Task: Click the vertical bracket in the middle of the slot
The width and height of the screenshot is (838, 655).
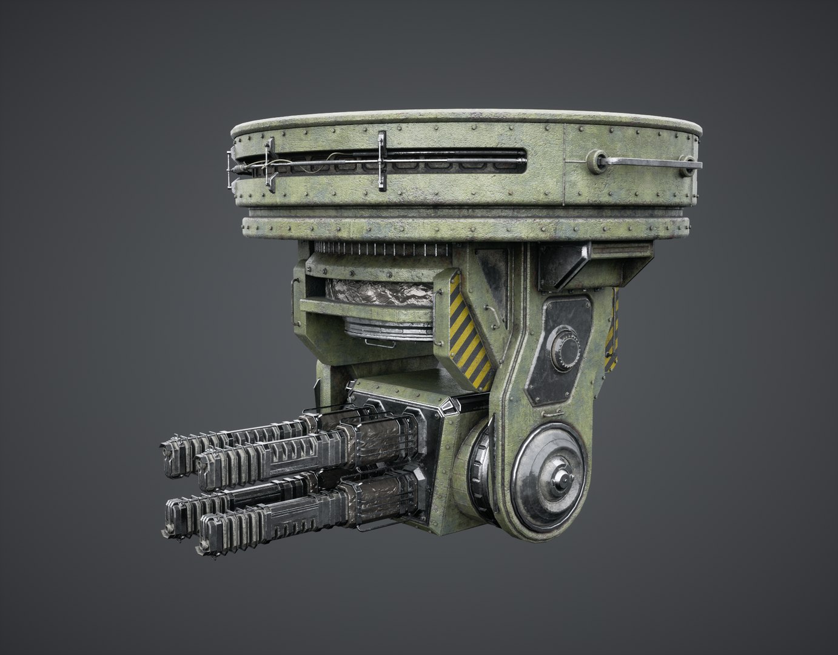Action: (x=381, y=159)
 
